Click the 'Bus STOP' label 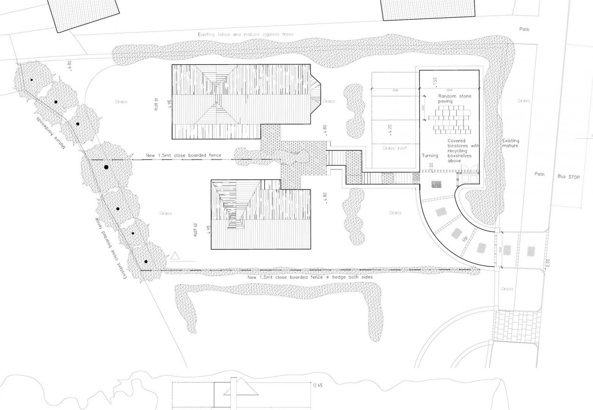(568, 177)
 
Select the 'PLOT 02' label (195, 229)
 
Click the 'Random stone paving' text (454, 99)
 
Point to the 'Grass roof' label (394, 148)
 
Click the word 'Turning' (430, 156)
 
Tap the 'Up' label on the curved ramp (465, 239)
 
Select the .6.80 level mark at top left (69, 66)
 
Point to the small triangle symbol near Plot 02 (175, 256)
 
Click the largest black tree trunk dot (106, 167)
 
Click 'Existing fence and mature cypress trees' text (245, 34)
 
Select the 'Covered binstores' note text (463, 151)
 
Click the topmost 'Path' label (524, 29)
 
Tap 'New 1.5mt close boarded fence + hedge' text (310, 277)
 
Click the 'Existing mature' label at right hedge (510, 143)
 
